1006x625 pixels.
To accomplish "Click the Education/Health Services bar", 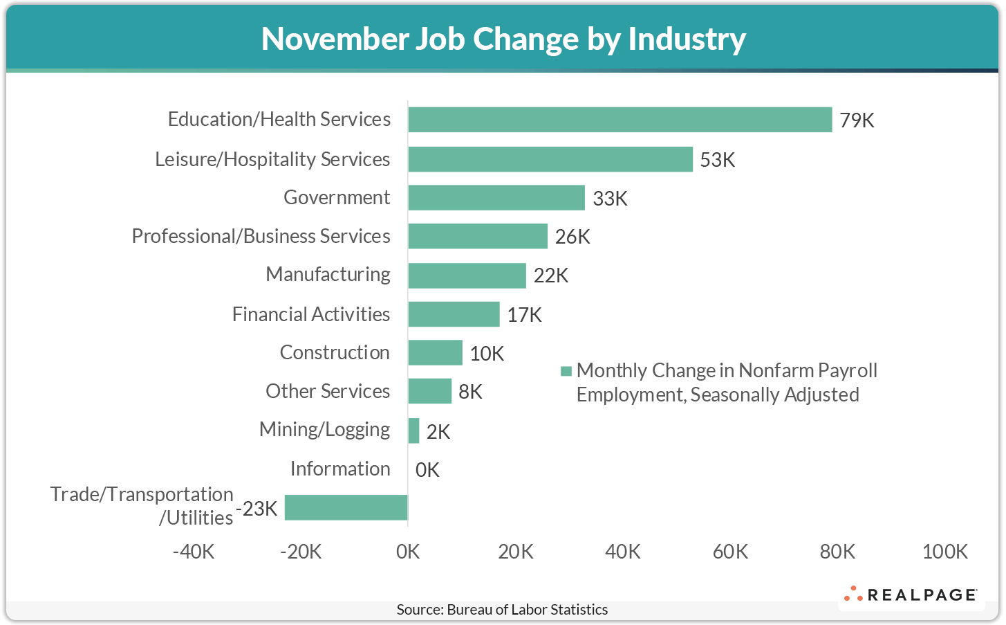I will point(620,120).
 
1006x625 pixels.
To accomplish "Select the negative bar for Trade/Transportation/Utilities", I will point(346,507).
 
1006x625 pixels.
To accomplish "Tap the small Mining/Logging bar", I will point(413,431).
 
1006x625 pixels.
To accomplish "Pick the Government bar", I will point(496,197).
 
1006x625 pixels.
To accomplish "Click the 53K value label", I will point(717,160).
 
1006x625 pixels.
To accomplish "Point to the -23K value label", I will point(257,509).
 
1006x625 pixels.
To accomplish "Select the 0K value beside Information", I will point(427,470).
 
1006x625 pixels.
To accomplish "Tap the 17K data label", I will point(524,315).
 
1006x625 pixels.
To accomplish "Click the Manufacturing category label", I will point(328,274).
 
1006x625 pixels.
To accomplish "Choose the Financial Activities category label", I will point(311,314).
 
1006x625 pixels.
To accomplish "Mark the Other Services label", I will point(328,391).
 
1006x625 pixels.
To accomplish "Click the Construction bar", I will point(435,352).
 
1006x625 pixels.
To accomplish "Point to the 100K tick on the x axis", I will point(944,552).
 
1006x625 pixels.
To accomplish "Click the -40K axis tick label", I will point(194,552).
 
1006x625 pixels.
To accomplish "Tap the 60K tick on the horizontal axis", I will point(730,552).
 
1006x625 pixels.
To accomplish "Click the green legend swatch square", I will point(566,371).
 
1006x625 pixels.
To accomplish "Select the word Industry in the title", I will point(686,39).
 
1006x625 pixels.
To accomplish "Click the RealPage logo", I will point(910,595).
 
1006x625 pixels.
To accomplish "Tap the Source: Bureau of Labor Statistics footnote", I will point(502,610).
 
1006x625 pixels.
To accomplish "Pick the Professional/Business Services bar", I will point(477,236).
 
